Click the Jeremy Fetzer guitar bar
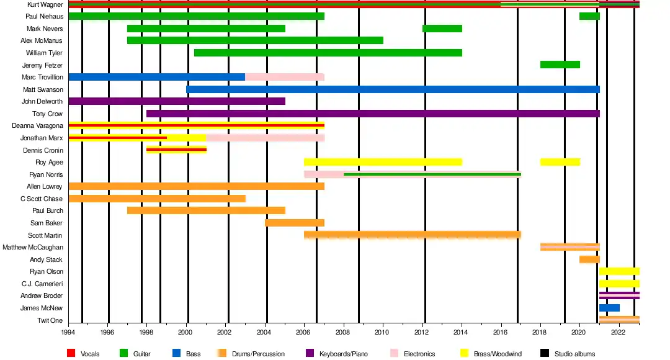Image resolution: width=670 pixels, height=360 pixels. [x=560, y=65]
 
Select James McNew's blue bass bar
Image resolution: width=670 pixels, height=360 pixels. [x=609, y=308]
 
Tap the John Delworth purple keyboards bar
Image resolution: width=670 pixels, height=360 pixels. [x=176, y=101]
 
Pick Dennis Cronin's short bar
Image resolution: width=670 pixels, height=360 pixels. [x=176, y=150]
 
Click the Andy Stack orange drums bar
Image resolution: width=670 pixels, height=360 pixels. [x=589, y=259]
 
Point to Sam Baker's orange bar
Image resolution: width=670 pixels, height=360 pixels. [x=294, y=223]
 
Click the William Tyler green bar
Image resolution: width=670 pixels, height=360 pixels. [x=328, y=53]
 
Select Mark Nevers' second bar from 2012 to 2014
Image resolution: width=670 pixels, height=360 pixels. [x=442, y=29]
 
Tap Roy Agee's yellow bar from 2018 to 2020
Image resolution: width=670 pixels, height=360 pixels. [x=560, y=162]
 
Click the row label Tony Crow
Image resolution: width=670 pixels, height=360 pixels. [x=47, y=114]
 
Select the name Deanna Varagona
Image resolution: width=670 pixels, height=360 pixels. [x=37, y=125]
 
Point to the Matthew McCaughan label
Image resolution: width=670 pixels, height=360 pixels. [x=32, y=247]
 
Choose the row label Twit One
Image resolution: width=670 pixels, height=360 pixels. [x=50, y=320]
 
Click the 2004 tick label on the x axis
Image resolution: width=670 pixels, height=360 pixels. [x=266, y=333]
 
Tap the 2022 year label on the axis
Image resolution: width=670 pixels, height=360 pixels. [x=618, y=333]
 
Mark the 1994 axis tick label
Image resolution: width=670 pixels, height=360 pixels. [x=68, y=333]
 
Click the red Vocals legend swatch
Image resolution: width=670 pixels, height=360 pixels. [x=73, y=354]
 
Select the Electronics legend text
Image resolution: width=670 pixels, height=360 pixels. [x=419, y=354]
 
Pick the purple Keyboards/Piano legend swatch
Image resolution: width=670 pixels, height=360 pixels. [x=311, y=354]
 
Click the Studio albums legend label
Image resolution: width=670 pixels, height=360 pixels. [x=574, y=354]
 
